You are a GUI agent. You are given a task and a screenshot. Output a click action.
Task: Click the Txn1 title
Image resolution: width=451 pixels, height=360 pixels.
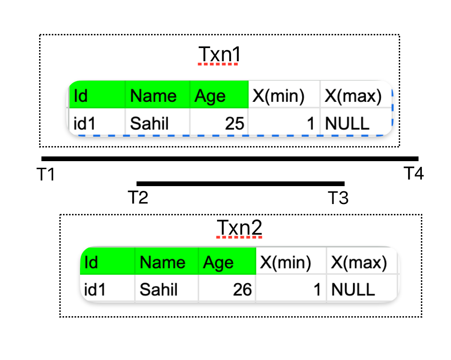pos(219,55)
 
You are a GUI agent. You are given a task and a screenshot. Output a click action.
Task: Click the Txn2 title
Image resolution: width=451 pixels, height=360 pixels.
pos(239,229)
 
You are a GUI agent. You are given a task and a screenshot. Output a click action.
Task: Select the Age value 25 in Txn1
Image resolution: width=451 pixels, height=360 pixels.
pos(234,123)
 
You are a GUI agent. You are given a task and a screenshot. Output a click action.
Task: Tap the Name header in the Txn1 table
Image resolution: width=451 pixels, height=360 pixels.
pos(153,96)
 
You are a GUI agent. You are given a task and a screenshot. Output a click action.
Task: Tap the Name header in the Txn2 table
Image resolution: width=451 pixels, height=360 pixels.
pos(162,262)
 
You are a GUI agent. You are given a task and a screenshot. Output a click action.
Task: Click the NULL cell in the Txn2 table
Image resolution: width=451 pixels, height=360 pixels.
pos(353,289)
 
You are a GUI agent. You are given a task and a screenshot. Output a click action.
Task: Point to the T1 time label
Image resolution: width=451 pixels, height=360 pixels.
pos(46,175)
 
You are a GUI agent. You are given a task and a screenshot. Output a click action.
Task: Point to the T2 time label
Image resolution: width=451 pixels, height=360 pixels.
pos(138,197)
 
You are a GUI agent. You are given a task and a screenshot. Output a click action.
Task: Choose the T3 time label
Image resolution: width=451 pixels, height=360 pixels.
pos(338,198)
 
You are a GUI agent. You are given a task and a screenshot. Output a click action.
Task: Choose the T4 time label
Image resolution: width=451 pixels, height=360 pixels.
pos(414,174)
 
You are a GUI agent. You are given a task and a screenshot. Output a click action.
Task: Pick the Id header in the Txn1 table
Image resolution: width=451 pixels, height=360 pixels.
pos(81,96)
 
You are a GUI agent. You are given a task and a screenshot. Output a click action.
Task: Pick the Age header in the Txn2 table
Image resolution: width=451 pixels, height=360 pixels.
pos(218,262)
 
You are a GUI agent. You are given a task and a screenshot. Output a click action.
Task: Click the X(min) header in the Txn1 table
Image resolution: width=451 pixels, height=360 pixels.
pos(278,96)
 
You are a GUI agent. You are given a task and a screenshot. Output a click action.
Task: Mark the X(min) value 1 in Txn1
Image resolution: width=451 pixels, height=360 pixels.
pos(310,123)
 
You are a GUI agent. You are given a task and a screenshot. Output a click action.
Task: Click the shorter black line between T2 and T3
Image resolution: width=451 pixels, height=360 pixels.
pos(240,183)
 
